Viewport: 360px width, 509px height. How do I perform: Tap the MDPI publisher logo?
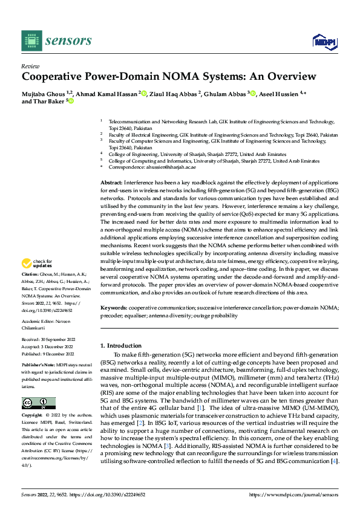point(324,41)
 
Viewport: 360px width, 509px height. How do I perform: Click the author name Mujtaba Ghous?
point(43,93)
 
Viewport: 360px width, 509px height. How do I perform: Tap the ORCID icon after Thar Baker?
point(71,102)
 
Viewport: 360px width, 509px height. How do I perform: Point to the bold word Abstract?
point(113,182)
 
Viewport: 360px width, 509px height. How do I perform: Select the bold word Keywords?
point(114,308)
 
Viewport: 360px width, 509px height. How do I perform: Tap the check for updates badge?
point(38,264)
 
